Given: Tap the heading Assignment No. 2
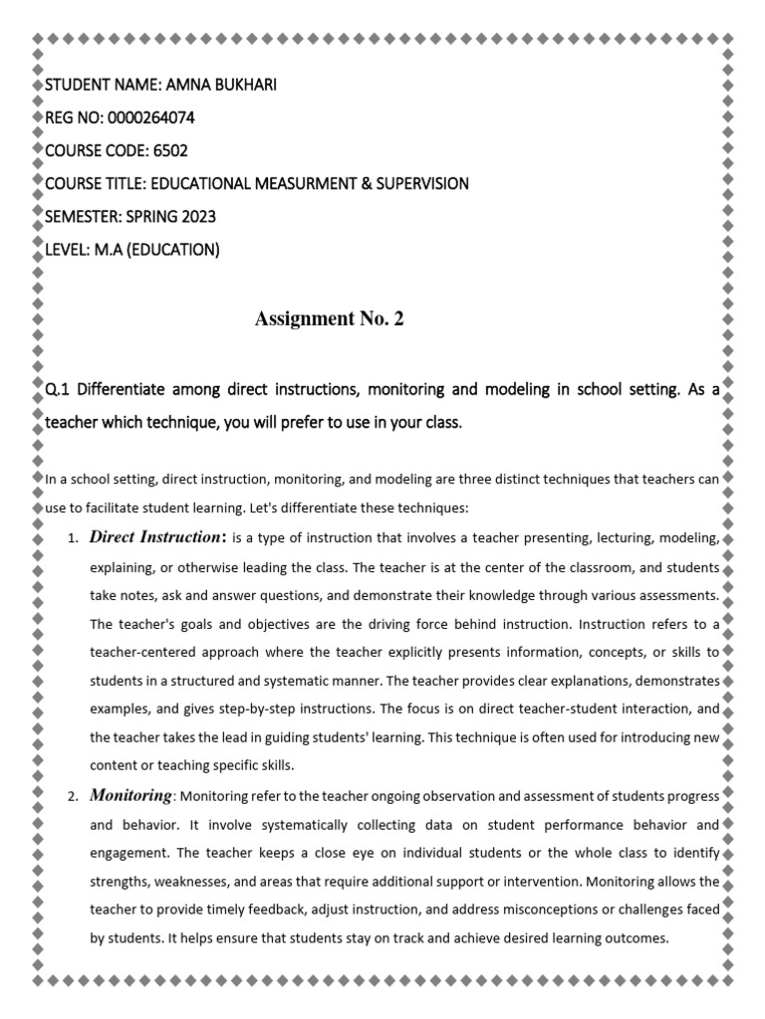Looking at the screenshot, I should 330,318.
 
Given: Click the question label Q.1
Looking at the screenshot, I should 58,389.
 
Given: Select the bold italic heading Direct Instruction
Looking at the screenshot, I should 155,537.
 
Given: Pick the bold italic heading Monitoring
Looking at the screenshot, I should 130,795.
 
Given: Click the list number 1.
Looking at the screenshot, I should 72,539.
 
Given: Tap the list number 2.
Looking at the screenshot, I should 72,797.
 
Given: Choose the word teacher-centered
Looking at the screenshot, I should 143,653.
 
